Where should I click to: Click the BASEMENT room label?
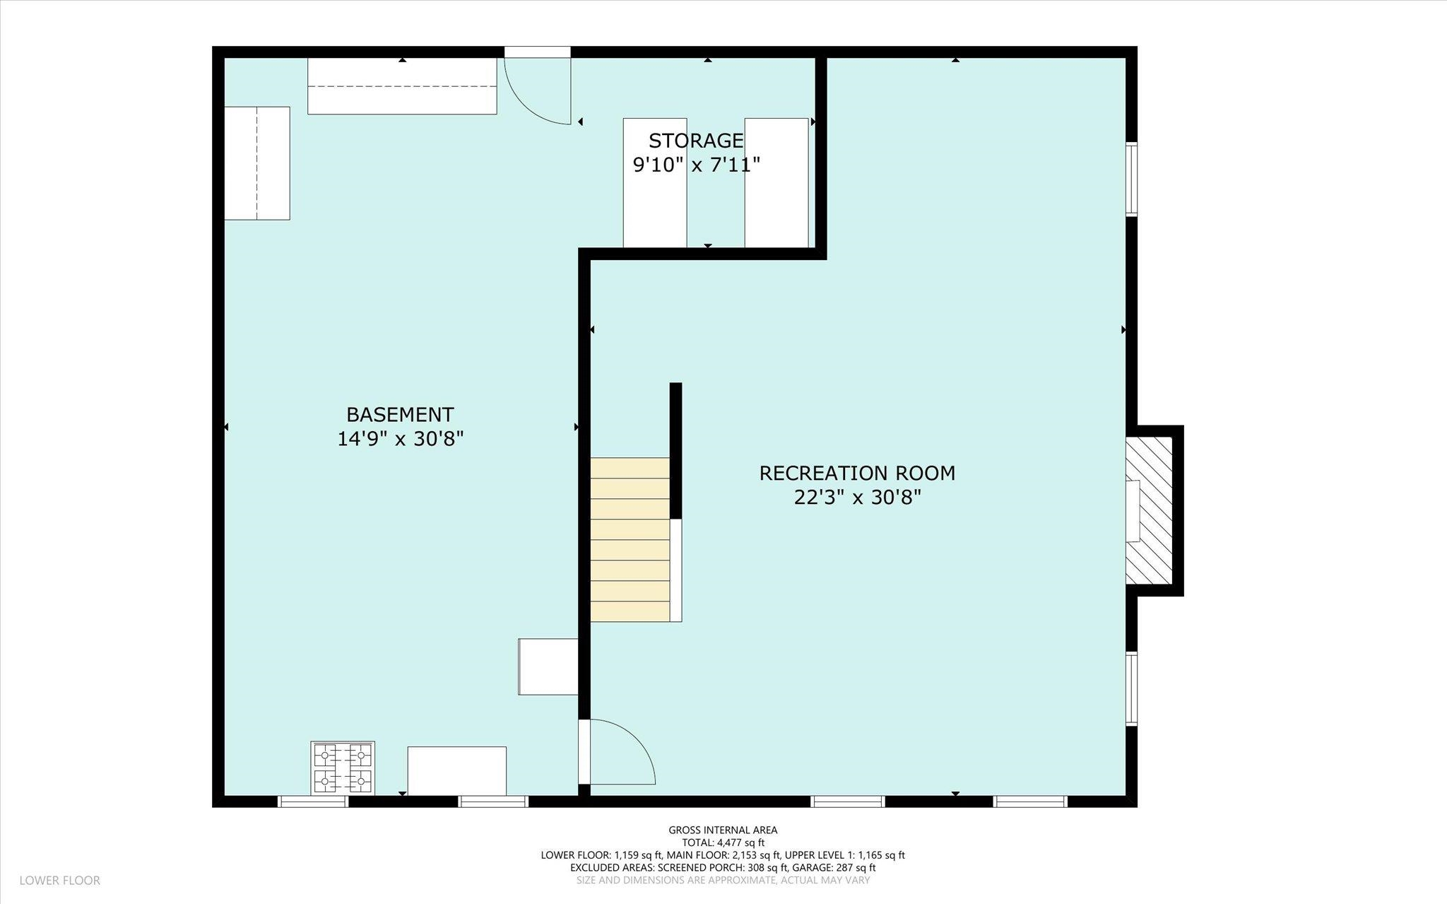click(400, 414)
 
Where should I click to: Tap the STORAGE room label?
click(696, 141)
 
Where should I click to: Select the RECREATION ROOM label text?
click(857, 473)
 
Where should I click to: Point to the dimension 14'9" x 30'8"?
click(400, 439)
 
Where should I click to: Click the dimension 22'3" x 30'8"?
click(858, 498)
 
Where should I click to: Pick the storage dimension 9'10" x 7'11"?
click(696, 165)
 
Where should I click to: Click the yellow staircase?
click(630, 540)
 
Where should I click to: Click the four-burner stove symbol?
click(343, 768)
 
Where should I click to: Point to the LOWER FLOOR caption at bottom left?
click(60, 881)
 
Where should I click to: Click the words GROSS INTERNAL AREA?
click(723, 830)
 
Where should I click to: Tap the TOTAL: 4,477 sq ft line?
click(723, 843)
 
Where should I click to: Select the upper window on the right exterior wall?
click(1131, 179)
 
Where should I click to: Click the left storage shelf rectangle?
click(655, 183)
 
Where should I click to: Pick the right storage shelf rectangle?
click(776, 183)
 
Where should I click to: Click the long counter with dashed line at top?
click(402, 86)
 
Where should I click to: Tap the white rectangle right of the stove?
click(457, 771)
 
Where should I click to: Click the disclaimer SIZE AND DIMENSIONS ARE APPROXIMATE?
click(723, 880)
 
